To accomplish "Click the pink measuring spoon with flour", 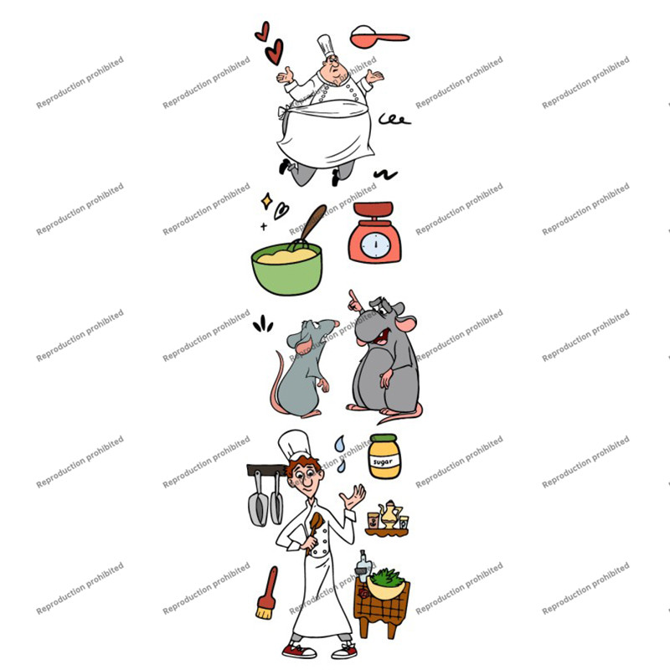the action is pos(379,37).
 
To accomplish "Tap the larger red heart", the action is pos(275,52).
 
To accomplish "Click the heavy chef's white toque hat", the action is pos(326,46).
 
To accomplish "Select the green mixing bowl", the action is pos(286,269).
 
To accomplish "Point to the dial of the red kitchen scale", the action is pos(375,245).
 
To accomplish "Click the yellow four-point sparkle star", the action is pos(267,201).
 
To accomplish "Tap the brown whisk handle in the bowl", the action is pos(314,221).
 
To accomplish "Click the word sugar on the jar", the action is pos(383,462).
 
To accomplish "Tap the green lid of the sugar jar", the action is pos(384,439).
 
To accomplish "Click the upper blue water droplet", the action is pos(340,444).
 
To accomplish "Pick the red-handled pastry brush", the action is pos(267,593).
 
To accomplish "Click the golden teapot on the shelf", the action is pos(389,514).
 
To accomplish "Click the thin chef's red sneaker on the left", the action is pos(299,651).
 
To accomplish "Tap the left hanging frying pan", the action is pos(258,502).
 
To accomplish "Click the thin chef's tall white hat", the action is pos(295,445).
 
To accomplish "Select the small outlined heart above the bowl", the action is pos(281,211).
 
